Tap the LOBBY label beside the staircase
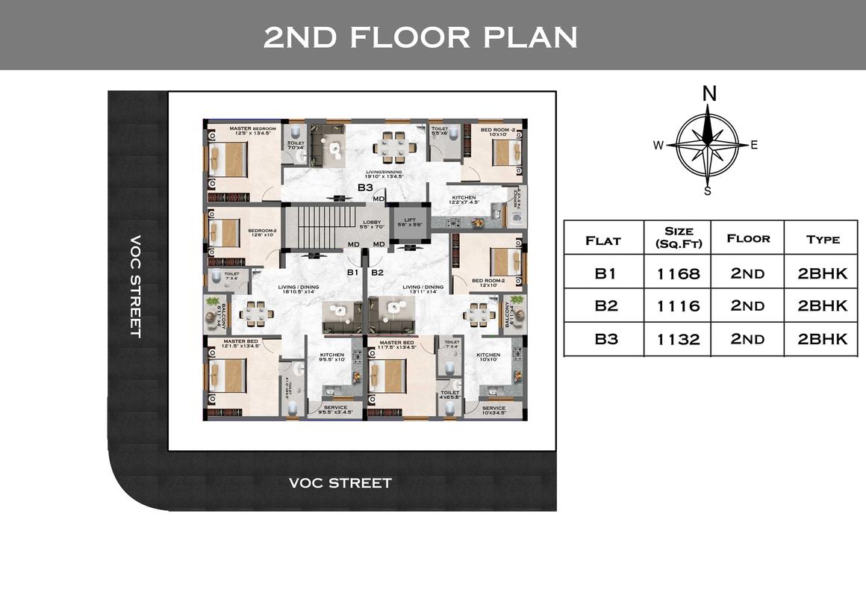(372, 222)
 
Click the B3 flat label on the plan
(365, 187)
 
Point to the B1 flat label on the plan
(353, 273)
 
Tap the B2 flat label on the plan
(377, 273)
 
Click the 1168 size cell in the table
(678, 273)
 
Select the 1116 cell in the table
(678, 305)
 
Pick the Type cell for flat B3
(822, 338)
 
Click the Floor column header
(747, 238)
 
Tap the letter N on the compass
(709, 93)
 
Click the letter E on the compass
(754, 145)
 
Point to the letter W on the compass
(658, 146)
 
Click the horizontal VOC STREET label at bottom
(340, 483)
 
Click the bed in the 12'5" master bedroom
(227, 158)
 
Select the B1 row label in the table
(605, 273)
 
